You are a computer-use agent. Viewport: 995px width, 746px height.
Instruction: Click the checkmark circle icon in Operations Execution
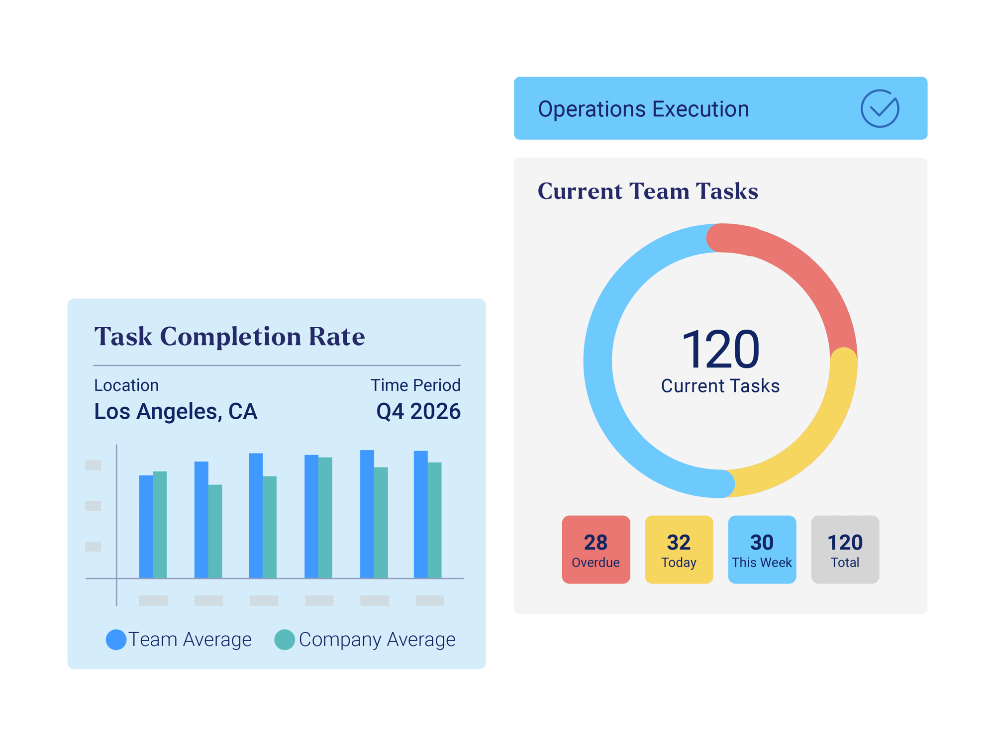880,108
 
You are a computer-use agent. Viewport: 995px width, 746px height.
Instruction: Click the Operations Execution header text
643,109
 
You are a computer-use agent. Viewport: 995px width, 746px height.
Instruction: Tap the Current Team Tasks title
648,191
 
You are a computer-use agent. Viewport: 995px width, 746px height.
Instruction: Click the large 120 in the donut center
720,350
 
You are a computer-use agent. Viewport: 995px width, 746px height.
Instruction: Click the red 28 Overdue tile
596,550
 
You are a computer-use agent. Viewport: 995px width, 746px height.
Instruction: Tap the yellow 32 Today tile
679,550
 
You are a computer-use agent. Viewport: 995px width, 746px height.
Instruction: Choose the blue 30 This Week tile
762,550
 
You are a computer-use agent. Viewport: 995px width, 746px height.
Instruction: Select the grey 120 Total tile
845,550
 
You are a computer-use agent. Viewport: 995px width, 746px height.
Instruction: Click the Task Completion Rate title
229,337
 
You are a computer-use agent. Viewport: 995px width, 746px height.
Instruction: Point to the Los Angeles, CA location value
176,412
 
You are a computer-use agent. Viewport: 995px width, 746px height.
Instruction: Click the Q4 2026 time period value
418,412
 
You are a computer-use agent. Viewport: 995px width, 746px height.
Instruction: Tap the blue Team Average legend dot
116,640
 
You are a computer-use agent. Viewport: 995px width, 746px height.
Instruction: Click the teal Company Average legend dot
285,640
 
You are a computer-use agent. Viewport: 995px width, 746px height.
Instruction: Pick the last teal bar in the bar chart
434,520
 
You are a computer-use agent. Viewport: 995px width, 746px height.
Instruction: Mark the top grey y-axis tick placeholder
93,465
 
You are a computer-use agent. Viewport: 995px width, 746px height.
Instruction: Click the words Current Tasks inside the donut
720,386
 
